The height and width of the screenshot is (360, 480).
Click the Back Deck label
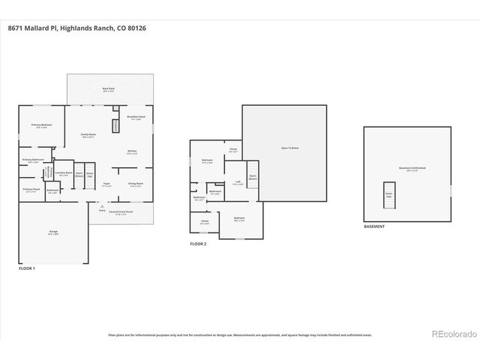click(109, 89)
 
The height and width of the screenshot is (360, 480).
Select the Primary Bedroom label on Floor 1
click(41, 125)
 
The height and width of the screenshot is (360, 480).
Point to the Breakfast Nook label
click(136, 118)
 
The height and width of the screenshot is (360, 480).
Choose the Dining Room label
click(136, 184)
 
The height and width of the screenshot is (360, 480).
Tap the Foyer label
click(107, 184)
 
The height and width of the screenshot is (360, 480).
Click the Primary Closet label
click(31, 190)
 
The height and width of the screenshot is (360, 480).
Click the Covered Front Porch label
click(120, 212)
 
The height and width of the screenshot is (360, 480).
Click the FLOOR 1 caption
click(26, 268)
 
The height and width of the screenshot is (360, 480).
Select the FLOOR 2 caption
click(197, 244)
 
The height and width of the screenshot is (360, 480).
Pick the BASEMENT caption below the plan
click(374, 226)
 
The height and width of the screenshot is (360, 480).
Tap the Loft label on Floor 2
click(237, 183)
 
